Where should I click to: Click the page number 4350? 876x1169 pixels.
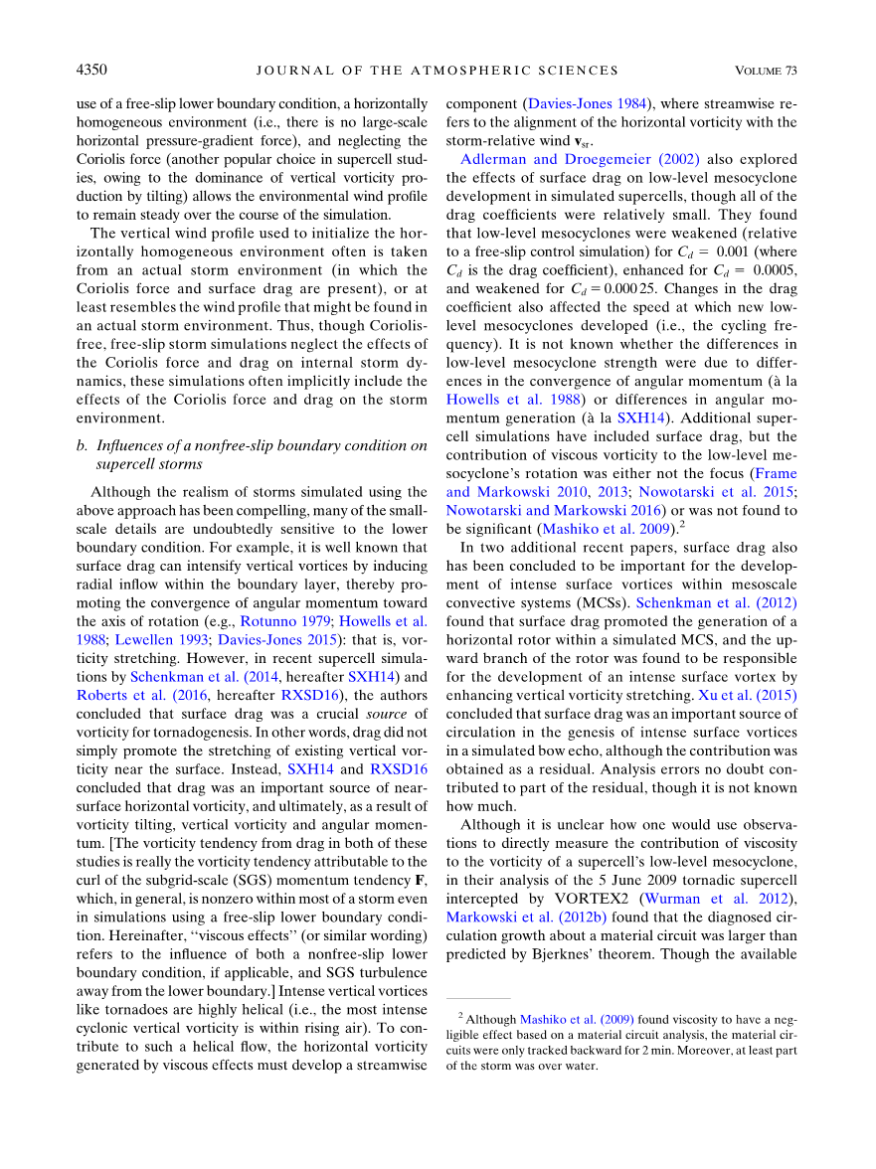pos(91,71)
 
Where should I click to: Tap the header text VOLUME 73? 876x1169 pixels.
pos(766,71)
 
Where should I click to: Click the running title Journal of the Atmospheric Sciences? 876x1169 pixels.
pos(438,71)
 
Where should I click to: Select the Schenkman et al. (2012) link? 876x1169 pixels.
pos(716,602)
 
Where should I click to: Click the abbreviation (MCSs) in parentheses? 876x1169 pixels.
pos(603,602)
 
